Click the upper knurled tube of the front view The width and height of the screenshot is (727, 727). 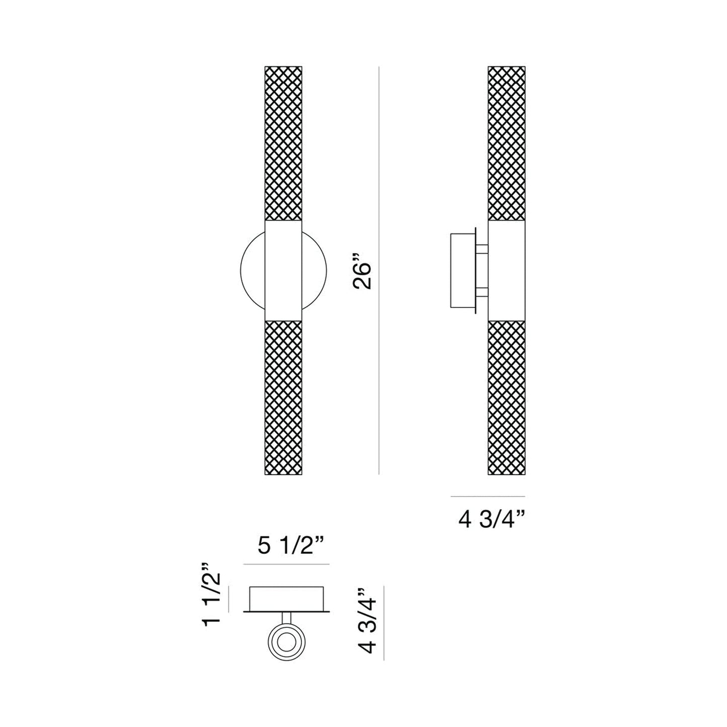tap(283, 143)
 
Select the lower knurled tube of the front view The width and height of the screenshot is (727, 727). tap(283, 397)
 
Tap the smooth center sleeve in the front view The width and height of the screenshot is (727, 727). tap(283, 270)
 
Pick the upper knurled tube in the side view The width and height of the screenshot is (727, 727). tap(507, 143)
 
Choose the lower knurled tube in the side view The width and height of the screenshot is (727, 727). tap(507, 397)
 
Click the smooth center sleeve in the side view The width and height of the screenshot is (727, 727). tap(507, 270)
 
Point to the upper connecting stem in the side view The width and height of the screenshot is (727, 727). tap(482, 248)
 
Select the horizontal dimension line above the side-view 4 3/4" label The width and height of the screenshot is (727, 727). tap(488, 496)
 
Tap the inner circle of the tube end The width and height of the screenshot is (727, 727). tap(285, 643)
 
